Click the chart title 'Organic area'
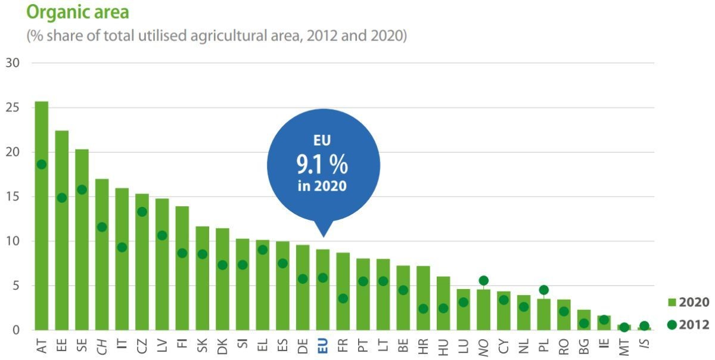click(77, 11)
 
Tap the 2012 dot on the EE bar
click(62, 197)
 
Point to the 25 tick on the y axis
click(12, 108)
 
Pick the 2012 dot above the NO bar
click(483, 281)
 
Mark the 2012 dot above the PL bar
click(543, 290)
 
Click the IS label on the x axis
click(644, 346)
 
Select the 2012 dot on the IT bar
click(122, 247)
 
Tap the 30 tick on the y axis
click(12, 63)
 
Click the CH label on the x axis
click(102, 346)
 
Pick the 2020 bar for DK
click(222, 292)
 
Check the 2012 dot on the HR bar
click(423, 309)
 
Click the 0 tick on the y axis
click(16, 330)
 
